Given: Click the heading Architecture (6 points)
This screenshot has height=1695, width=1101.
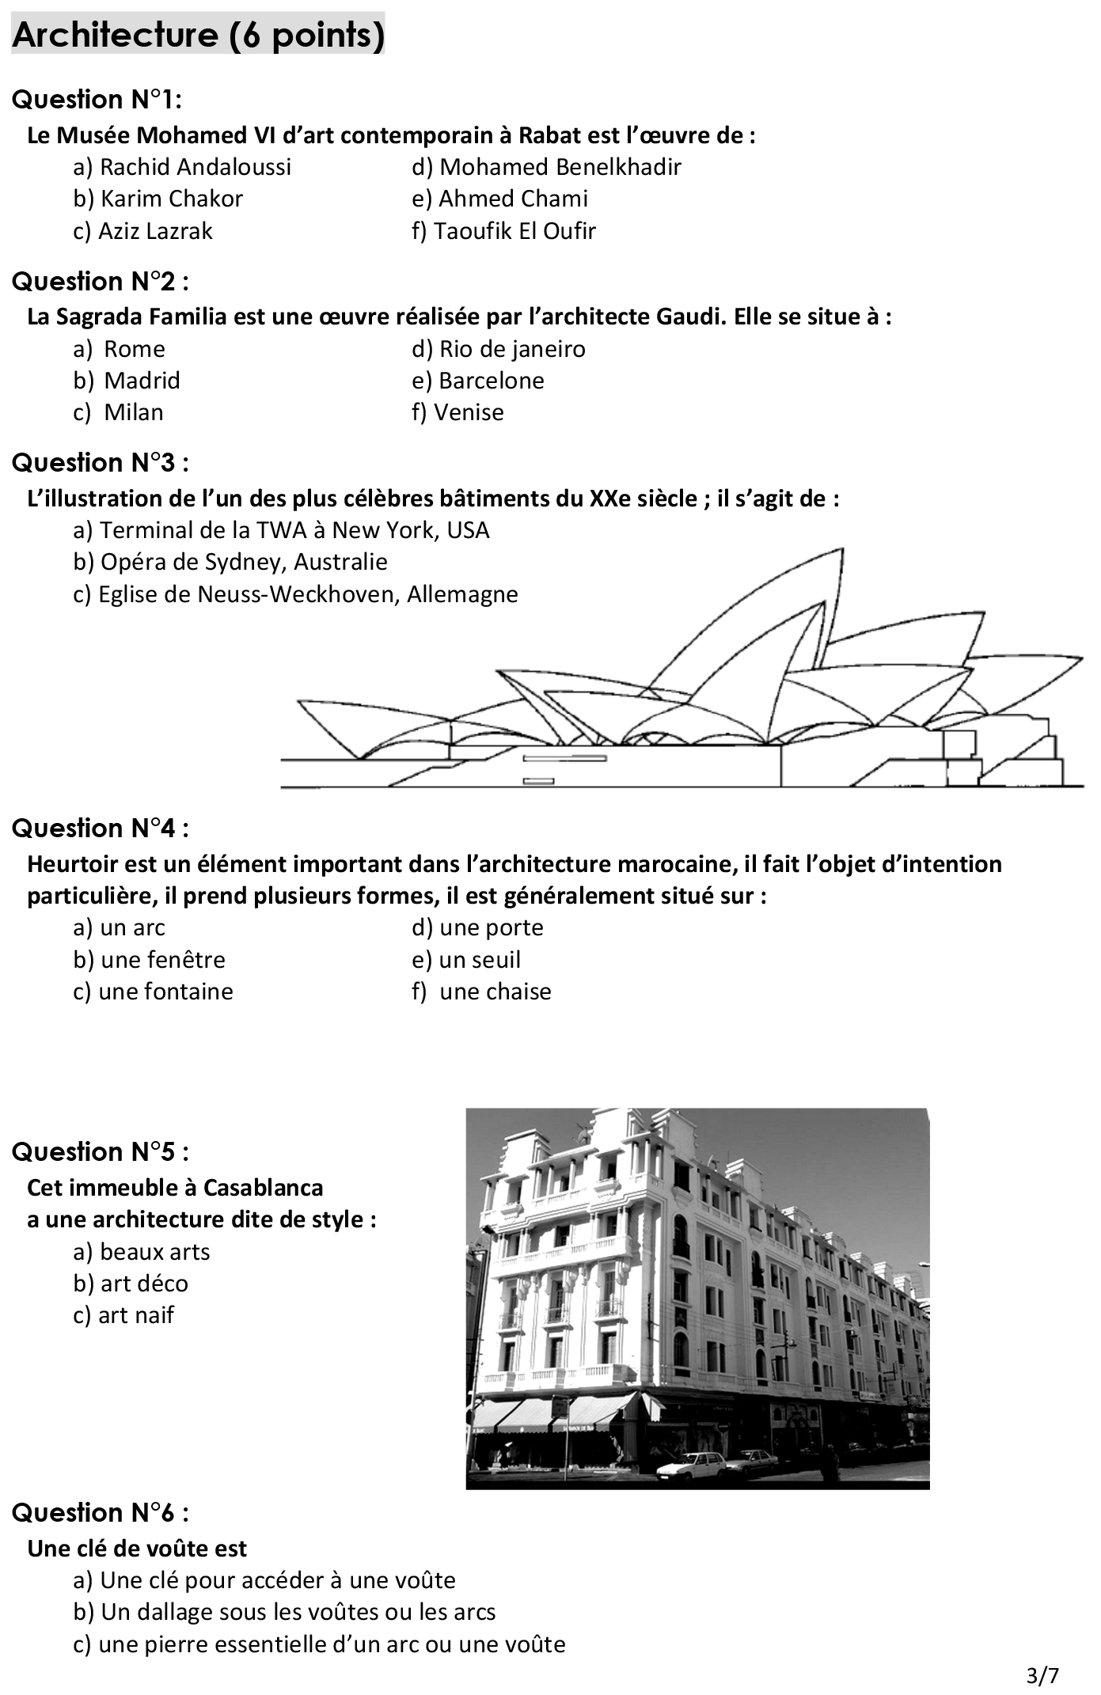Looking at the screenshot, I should (198, 35).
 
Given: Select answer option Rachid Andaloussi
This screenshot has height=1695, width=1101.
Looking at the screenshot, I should (182, 167).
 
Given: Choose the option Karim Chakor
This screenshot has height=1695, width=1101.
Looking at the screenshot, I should (158, 199).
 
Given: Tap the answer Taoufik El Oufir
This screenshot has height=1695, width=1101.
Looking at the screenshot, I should (503, 231).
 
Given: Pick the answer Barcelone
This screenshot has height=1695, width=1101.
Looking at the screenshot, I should (478, 381).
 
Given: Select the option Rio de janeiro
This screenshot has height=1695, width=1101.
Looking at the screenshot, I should (499, 349).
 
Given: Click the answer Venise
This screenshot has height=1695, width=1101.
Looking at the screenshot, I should (457, 412).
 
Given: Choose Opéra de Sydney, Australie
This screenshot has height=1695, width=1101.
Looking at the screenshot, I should (230, 562).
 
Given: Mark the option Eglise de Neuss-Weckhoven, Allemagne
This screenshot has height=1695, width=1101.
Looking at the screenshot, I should (295, 594).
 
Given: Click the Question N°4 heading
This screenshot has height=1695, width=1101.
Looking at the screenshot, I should (101, 829).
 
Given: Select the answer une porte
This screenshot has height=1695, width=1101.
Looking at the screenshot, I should (477, 927).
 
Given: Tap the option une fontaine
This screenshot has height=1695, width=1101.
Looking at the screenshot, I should (154, 992).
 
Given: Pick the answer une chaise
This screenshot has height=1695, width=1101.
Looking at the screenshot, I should (481, 992).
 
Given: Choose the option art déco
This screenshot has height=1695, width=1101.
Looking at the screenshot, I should (131, 1284).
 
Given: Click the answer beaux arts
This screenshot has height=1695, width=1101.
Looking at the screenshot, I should (142, 1252).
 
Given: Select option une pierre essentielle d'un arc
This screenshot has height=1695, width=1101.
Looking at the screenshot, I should (319, 1644).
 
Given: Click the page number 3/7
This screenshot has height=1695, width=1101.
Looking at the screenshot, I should (1042, 1675).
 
